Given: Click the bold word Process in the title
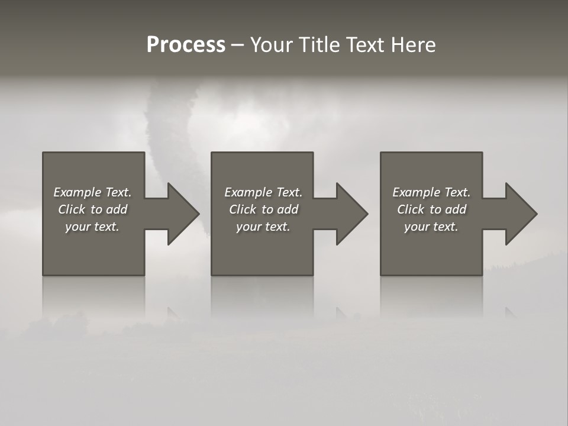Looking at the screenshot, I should point(186,45).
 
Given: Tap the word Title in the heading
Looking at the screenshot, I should point(321,45).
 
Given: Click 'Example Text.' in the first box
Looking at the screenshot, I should point(92,192).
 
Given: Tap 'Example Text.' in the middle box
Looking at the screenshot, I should point(263,192).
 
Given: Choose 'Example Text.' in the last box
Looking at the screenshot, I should point(431,192).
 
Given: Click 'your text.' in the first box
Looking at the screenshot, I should point(92,227).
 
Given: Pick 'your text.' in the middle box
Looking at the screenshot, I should point(263,227).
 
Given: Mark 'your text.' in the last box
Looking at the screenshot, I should point(431,227).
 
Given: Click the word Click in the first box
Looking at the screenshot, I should point(72,209).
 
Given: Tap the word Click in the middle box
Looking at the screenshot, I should point(243,209).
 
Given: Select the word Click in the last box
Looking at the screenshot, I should point(411,209).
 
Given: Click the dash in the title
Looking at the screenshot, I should point(238,46).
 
